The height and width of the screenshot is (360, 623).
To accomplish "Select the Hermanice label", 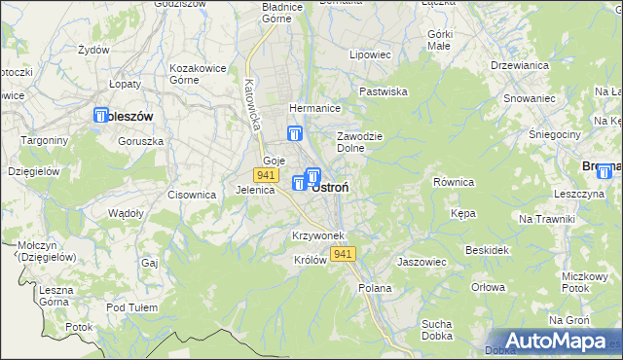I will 312,108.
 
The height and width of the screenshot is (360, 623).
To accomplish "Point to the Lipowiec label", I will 370,55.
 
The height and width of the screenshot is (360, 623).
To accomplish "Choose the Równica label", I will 453,181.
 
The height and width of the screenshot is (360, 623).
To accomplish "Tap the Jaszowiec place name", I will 421,262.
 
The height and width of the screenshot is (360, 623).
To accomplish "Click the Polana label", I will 375,288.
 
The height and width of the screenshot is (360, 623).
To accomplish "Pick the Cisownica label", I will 191,195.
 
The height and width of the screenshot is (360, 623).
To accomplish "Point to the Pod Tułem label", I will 131,307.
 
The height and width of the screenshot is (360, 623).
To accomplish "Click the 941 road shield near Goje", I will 265,174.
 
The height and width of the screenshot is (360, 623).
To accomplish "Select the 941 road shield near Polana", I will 342,254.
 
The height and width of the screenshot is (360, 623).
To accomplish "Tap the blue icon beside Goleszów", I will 101,116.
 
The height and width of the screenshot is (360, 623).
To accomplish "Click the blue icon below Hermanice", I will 296,135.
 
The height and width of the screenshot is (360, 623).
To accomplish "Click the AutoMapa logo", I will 551,341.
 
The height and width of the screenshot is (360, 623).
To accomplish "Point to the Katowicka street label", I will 254,106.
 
